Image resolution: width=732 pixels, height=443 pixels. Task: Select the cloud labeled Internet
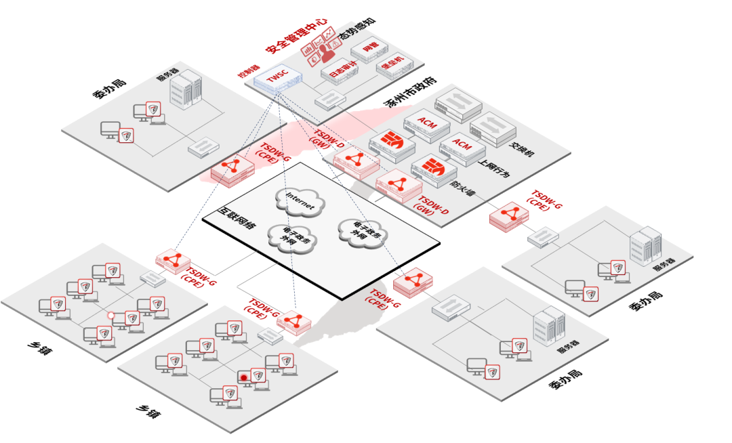coord(300,201)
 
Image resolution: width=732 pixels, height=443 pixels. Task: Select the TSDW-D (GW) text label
coord(432,207)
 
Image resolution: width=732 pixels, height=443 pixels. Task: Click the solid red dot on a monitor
coord(243,377)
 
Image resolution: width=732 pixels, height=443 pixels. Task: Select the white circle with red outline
coord(111,315)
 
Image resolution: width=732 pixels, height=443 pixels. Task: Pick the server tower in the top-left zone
coord(185,90)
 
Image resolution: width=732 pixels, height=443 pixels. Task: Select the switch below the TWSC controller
coord(330,100)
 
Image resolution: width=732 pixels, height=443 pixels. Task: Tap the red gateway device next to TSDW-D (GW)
coord(399,186)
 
